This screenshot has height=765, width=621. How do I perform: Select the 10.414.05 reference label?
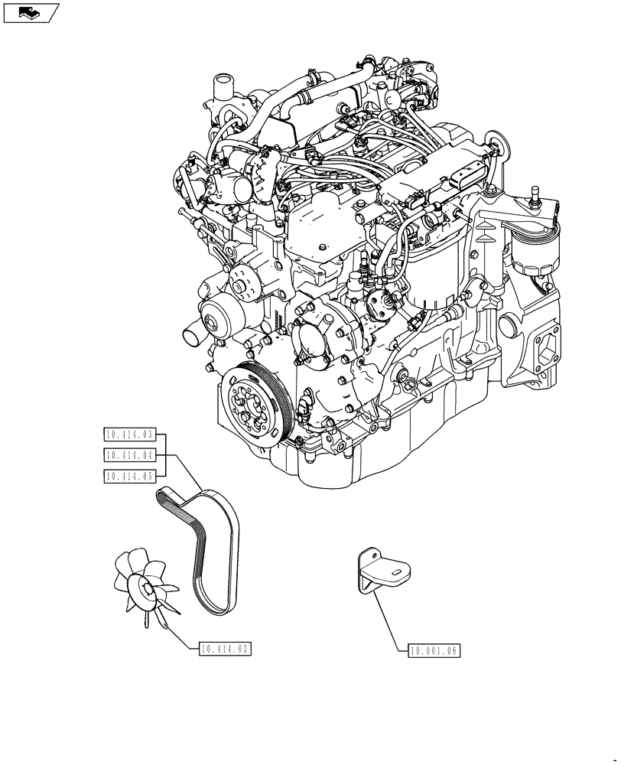pyautogui.click(x=129, y=476)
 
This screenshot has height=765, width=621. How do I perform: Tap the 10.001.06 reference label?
pyautogui.click(x=433, y=650)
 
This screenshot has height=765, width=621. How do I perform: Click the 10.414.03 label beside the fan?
pyautogui.click(x=225, y=649)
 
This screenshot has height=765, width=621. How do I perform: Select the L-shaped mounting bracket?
pyautogui.click(x=380, y=570)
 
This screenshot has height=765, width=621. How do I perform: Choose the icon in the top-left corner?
pyautogui.click(x=31, y=11)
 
